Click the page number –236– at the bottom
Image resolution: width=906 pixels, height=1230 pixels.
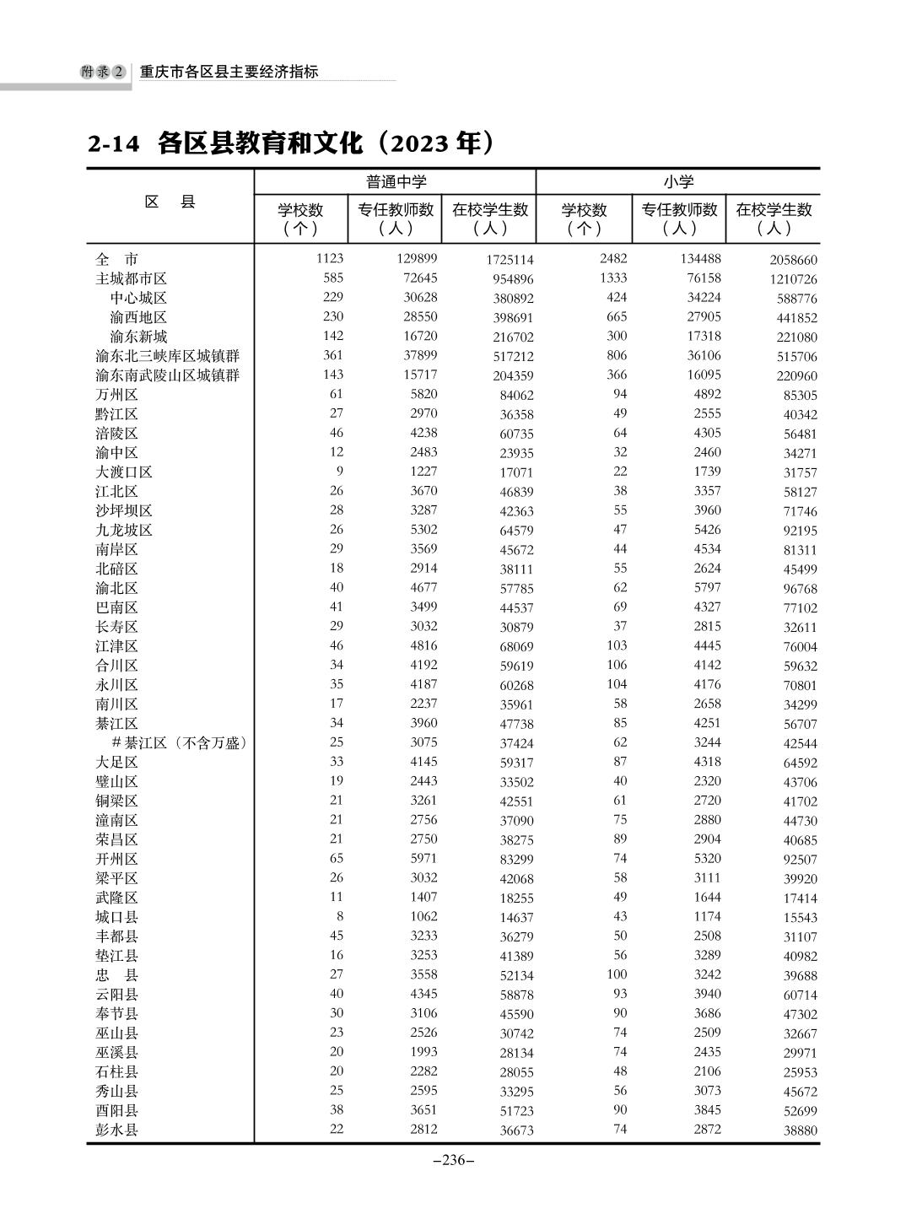coord(453,1160)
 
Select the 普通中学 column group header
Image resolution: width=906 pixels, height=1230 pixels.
coord(396,182)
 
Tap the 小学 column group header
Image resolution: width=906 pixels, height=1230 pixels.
coord(678,182)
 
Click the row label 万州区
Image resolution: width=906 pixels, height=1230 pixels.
coord(116,395)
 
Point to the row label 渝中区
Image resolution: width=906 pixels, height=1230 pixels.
coord(116,453)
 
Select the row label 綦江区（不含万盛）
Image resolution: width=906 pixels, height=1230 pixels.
coord(178,743)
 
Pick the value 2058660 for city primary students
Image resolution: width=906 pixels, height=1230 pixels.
coord(792,260)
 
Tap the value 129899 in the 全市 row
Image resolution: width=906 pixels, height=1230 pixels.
coord(417,259)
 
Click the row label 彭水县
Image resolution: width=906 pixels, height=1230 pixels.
coord(116,1130)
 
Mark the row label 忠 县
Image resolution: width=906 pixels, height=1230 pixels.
coord(116,974)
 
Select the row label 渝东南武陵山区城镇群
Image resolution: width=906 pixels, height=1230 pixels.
coord(167,375)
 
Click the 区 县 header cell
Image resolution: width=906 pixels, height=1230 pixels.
coord(170,202)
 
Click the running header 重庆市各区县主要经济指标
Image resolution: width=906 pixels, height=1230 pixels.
coord(229,73)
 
